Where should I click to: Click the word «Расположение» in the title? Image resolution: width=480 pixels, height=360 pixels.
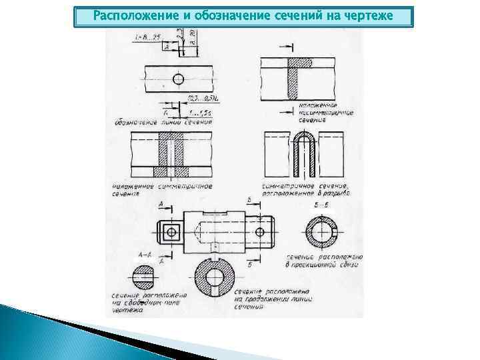[127, 15]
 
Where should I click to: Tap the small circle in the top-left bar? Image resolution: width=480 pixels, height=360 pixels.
[177, 79]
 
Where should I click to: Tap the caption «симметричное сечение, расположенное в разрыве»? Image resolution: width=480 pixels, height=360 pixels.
[305, 189]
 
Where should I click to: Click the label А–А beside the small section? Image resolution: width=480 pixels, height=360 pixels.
[144, 255]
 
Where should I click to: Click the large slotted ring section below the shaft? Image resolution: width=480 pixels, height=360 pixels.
[214, 276]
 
